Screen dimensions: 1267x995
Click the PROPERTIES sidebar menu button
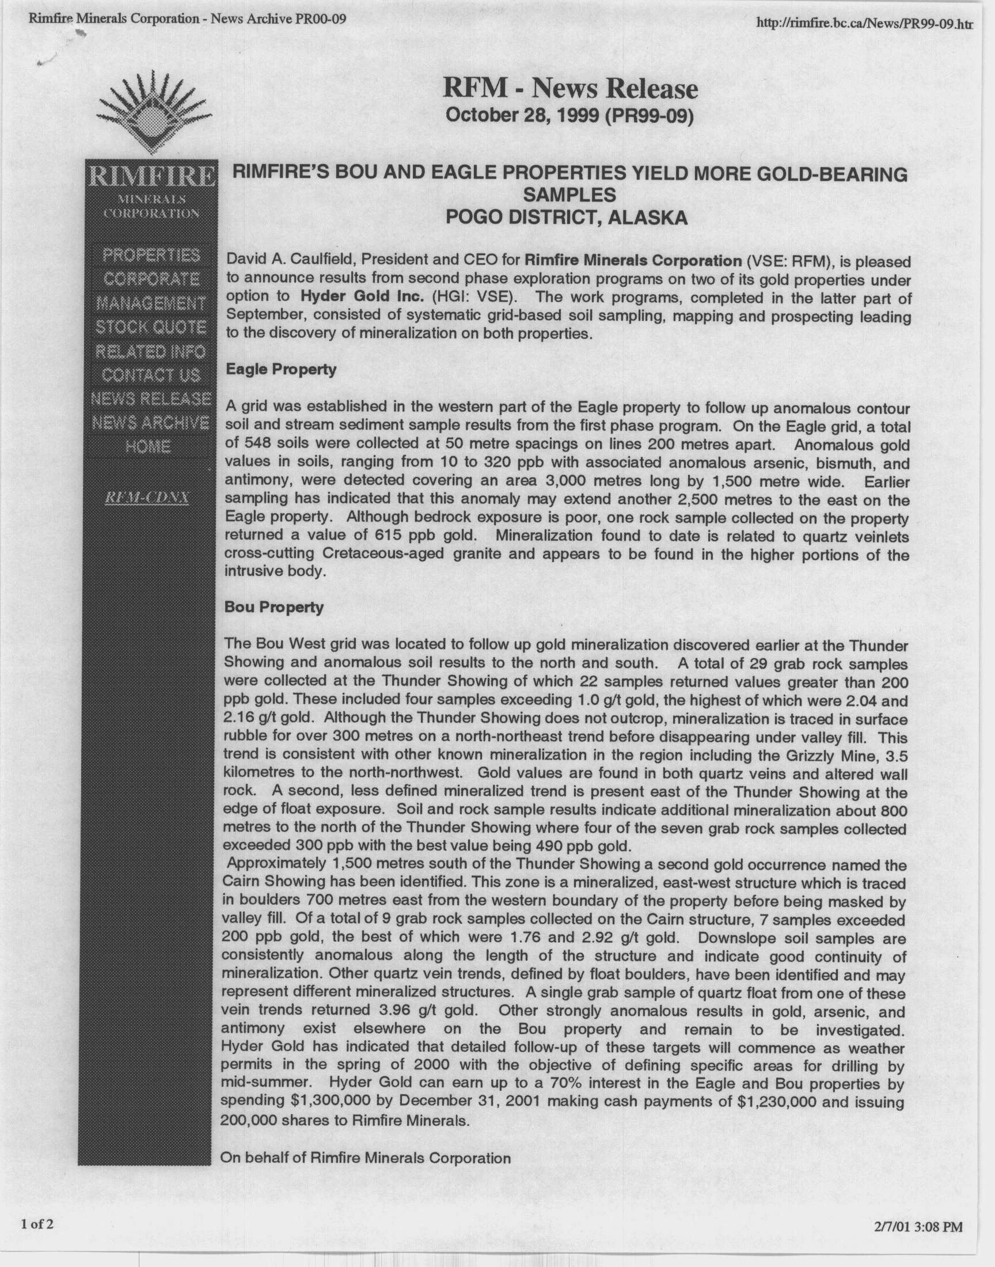151,255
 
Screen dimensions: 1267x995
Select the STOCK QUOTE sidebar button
151,327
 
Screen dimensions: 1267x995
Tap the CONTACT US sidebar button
151,375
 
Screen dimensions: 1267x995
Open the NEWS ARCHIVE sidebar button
151,423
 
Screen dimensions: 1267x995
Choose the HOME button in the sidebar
148,447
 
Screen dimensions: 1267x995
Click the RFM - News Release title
569,89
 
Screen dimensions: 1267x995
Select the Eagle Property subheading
281,370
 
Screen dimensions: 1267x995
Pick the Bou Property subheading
274,607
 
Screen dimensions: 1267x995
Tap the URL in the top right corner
864,23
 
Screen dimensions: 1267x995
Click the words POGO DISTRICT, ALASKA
566,218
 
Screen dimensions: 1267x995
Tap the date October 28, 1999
522,116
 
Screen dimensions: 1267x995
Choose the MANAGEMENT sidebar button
151,304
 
